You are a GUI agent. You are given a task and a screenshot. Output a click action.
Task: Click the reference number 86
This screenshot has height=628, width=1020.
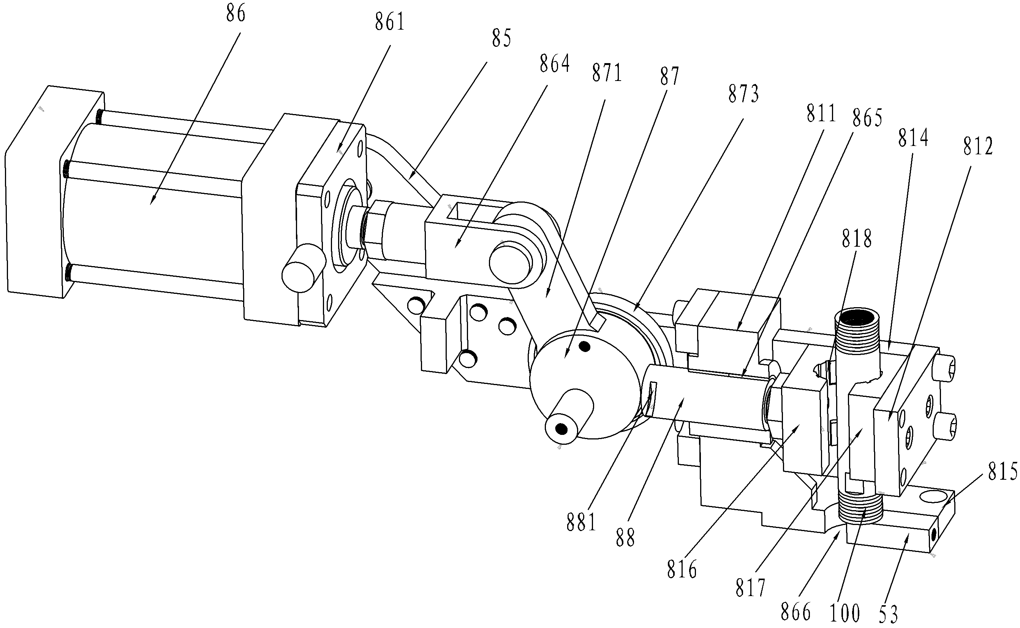236,14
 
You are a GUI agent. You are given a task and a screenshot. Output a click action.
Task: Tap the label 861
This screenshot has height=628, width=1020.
390,22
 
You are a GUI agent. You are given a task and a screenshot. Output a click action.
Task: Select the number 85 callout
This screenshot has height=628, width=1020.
502,39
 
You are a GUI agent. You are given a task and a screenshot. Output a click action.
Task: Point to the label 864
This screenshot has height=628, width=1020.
555,64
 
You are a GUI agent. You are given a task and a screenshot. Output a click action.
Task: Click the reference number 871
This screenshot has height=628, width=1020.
607,73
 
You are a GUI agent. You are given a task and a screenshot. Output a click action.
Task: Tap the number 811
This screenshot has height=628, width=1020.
821,113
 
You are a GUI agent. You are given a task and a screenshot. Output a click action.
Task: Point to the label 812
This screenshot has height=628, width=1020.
978,147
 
